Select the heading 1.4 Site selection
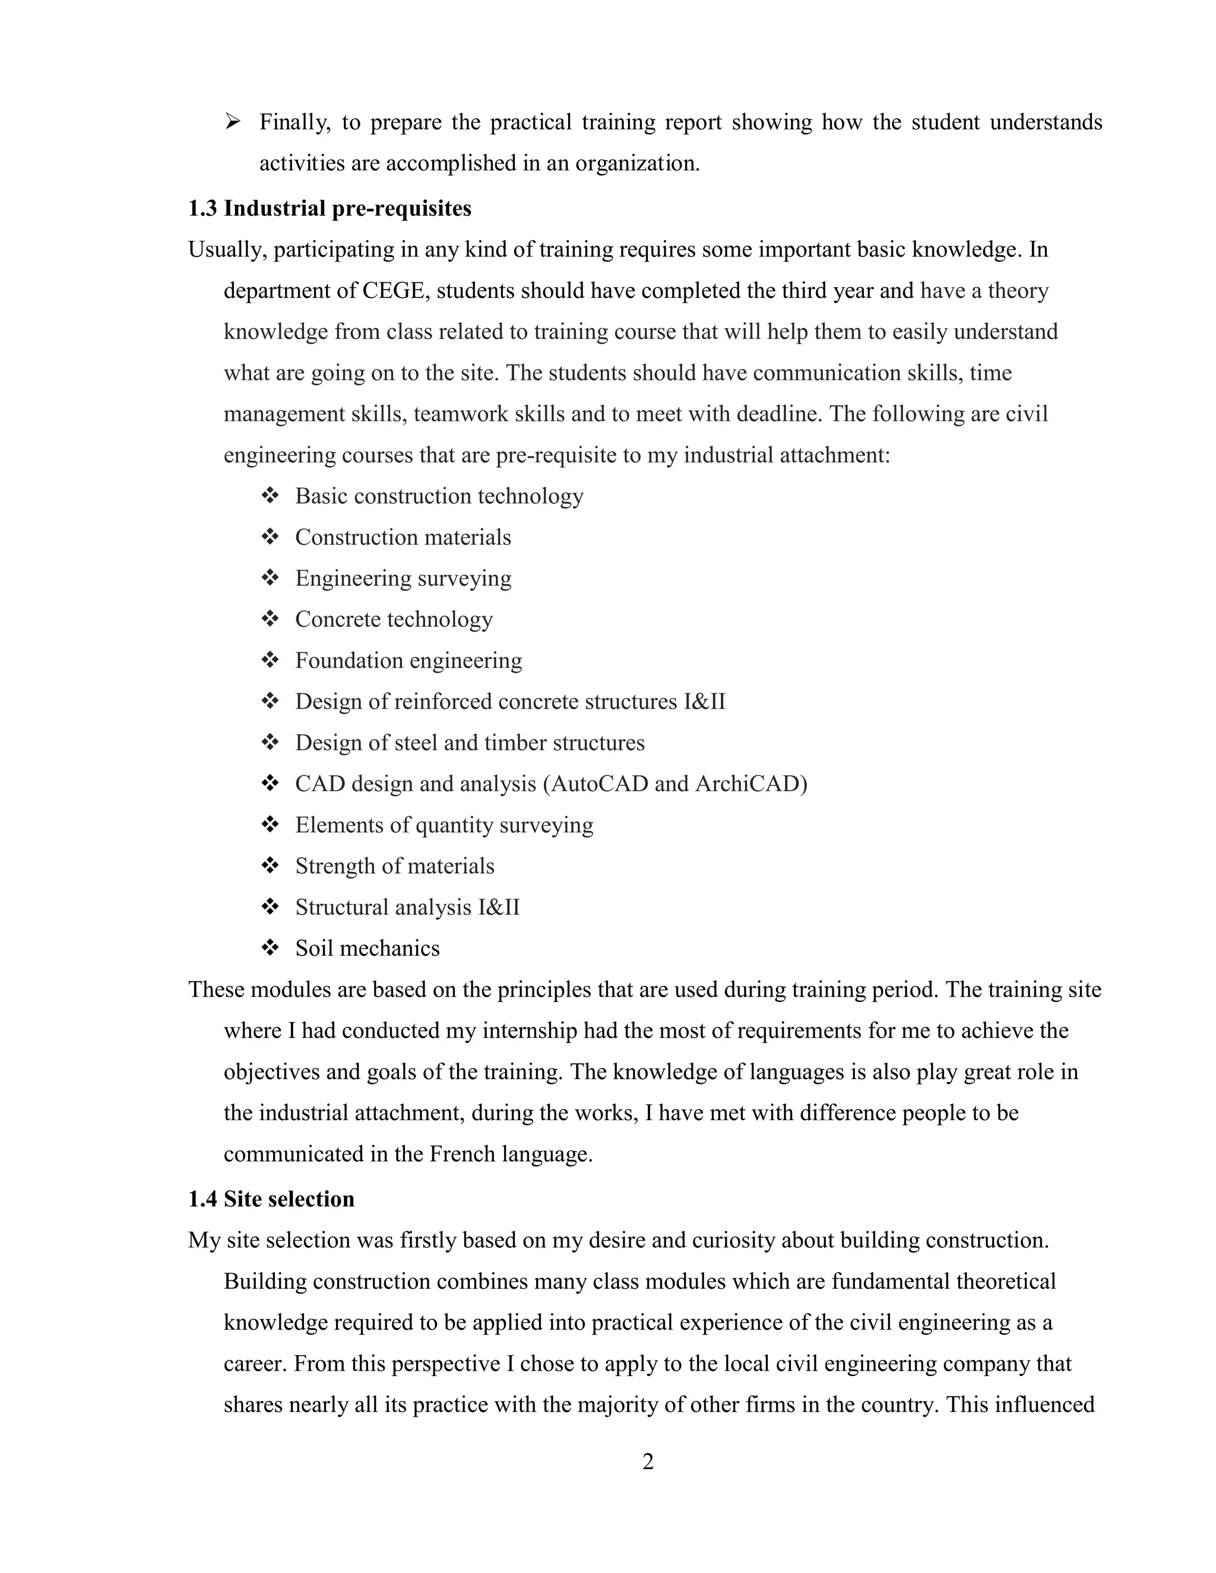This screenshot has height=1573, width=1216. point(271,1198)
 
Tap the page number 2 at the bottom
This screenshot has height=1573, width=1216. point(648,1461)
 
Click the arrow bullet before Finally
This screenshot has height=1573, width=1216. point(232,122)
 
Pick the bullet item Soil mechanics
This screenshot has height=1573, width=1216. point(367,948)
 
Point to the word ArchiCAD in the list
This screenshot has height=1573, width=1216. point(750,783)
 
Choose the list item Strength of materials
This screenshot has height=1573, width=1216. point(394,865)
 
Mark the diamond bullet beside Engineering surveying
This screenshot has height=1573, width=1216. point(270,578)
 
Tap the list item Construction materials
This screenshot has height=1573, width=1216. point(403,537)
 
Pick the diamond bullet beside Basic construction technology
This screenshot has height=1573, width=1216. point(270,496)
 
